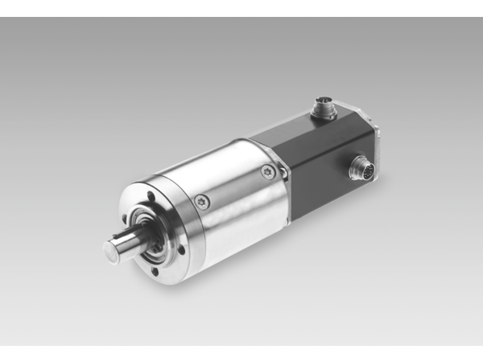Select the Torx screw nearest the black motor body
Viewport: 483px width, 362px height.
tap(268, 170)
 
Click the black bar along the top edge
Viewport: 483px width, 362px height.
tap(242, 8)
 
